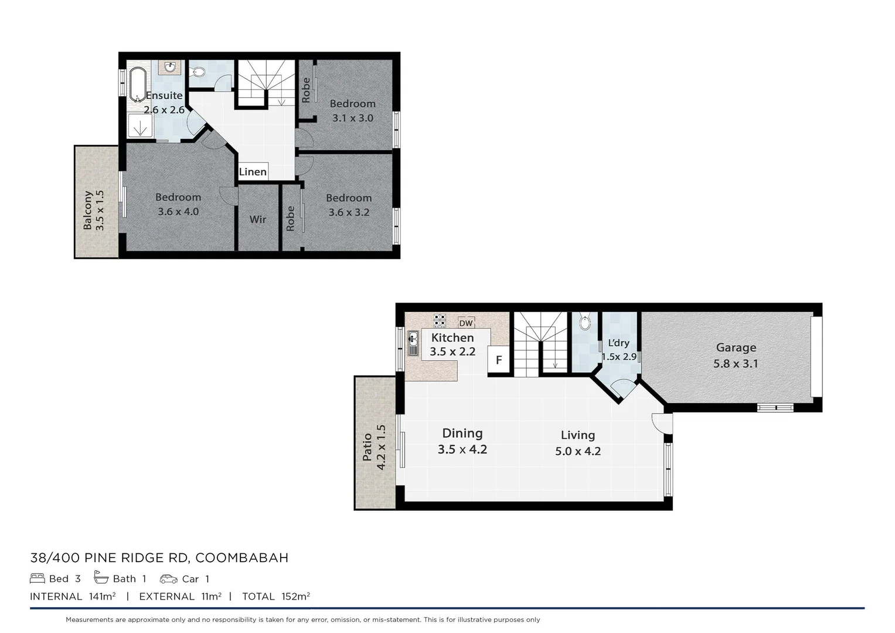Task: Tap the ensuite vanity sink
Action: [x=170, y=68]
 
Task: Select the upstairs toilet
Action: [x=199, y=72]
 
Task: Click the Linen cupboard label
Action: [x=253, y=172]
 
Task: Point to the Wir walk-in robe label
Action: [x=258, y=219]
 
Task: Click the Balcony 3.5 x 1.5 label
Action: [x=93, y=210]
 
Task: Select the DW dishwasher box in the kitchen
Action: [x=466, y=323]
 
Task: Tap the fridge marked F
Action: [x=499, y=360]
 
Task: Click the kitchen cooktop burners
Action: [x=440, y=321]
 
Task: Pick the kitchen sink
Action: [x=413, y=343]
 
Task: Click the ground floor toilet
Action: [x=585, y=323]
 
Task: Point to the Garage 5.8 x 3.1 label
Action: [x=736, y=355]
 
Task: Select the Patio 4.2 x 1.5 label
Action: [x=374, y=447]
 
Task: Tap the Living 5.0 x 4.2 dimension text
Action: [x=578, y=451]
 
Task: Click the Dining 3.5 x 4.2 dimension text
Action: [x=462, y=450]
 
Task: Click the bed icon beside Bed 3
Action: [x=38, y=578]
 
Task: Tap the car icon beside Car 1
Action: [x=168, y=578]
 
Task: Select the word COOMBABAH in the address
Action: [x=241, y=557]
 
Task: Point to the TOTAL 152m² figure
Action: [x=276, y=596]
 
